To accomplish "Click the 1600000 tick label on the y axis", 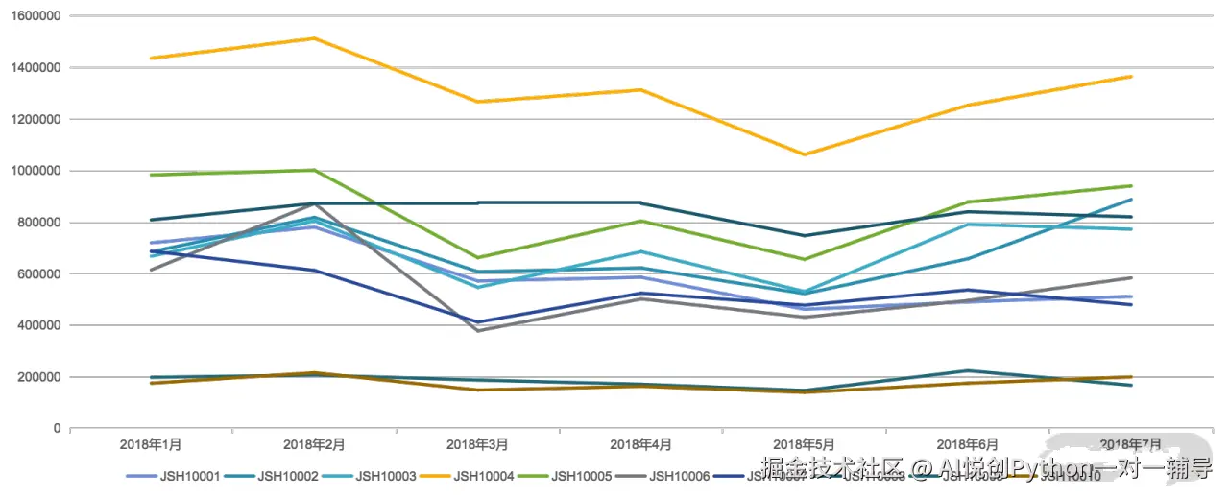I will pyautogui.click(x=33, y=16).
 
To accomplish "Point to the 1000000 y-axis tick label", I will pyautogui.click(x=33, y=171).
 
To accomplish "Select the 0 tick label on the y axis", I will pyautogui.click(x=57, y=428).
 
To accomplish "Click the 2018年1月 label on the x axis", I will pyautogui.click(x=151, y=444).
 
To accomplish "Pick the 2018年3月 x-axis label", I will pyautogui.click(x=477, y=444).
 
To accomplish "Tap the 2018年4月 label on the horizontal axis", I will pyautogui.click(x=640, y=444).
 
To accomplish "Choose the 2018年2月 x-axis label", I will pyautogui.click(x=314, y=444).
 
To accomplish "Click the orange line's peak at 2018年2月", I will pyautogui.click(x=314, y=38).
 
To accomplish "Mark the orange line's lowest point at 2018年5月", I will pyautogui.click(x=804, y=154).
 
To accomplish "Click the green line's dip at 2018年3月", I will pyautogui.click(x=477, y=257).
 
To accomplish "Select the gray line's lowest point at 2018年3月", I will pyautogui.click(x=477, y=331).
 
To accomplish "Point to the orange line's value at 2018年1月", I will pyautogui.click(x=151, y=59).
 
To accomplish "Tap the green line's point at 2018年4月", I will pyautogui.click(x=640, y=221).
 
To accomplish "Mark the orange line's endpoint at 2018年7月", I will pyautogui.click(x=1131, y=77).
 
